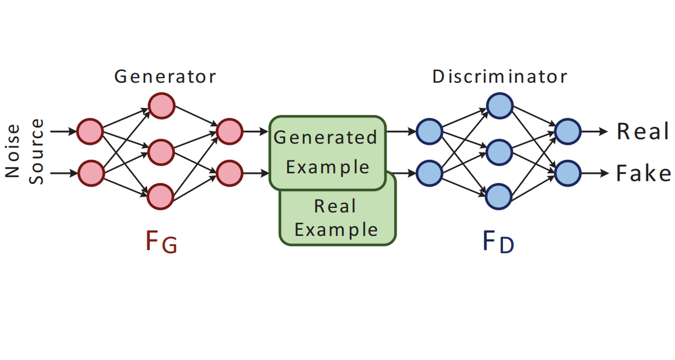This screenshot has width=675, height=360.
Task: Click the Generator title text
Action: pos(165,76)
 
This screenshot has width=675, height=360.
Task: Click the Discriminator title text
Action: pos(500,76)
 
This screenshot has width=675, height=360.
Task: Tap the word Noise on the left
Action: pos(12,151)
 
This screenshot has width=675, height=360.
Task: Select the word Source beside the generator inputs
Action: pos(37,151)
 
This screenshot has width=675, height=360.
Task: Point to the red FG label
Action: pos(161,242)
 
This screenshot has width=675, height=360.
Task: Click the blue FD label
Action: pos(498,242)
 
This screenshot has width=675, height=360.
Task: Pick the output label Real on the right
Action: pos(643,132)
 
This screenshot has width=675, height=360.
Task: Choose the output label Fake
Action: pos(643,173)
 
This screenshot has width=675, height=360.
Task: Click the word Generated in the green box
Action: pos(326,138)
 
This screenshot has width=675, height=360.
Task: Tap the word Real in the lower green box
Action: pos(335,206)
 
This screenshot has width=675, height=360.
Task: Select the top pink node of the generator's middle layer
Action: pos(161,106)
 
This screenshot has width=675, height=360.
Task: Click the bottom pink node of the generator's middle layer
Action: pos(160,197)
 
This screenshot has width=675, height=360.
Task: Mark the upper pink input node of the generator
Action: pos(90,132)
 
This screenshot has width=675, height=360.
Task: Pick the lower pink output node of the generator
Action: pos(229,173)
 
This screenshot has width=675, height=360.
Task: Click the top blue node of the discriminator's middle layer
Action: pos(499,106)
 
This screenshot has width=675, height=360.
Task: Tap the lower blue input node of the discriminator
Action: pos(429,173)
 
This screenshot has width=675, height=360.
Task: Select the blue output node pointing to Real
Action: pos(568,132)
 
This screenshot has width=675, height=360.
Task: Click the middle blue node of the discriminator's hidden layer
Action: pos(499,152)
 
